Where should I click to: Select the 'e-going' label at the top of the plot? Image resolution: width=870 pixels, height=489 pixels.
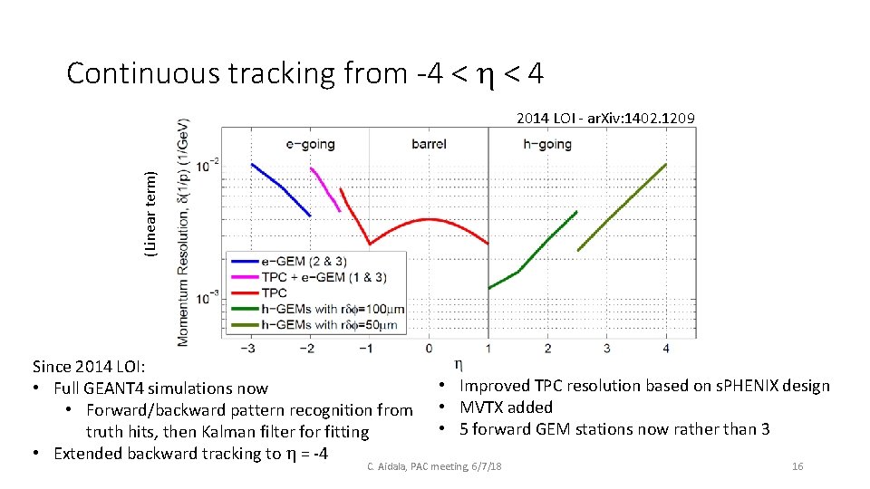pyautogui.click(x=310, y=144)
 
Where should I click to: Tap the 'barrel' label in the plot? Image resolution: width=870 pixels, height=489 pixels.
pyautogui.click(x=429, y=144)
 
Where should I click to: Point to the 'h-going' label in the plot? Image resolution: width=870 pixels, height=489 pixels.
pyautogui.click(x=547, y=144)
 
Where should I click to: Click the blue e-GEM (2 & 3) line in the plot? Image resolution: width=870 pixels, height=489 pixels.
pyautogui.click(x=281, y=187)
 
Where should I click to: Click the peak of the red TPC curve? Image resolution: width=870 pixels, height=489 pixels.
pyautogui.click(x=429, y=219)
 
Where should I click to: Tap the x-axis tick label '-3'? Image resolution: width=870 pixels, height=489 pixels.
pyautogui.click(x=251, y=348)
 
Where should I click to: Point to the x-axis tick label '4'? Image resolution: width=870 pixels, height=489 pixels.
pyautogui.click(x=666, y=348)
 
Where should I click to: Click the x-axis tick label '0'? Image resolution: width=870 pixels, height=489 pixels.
pyautogui.click(x=429, y=348)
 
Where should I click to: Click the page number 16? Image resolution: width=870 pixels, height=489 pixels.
pyautogui.click(x=797, y=466)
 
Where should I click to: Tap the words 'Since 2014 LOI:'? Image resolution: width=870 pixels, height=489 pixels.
pyautogui.click(x=88, y=367)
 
